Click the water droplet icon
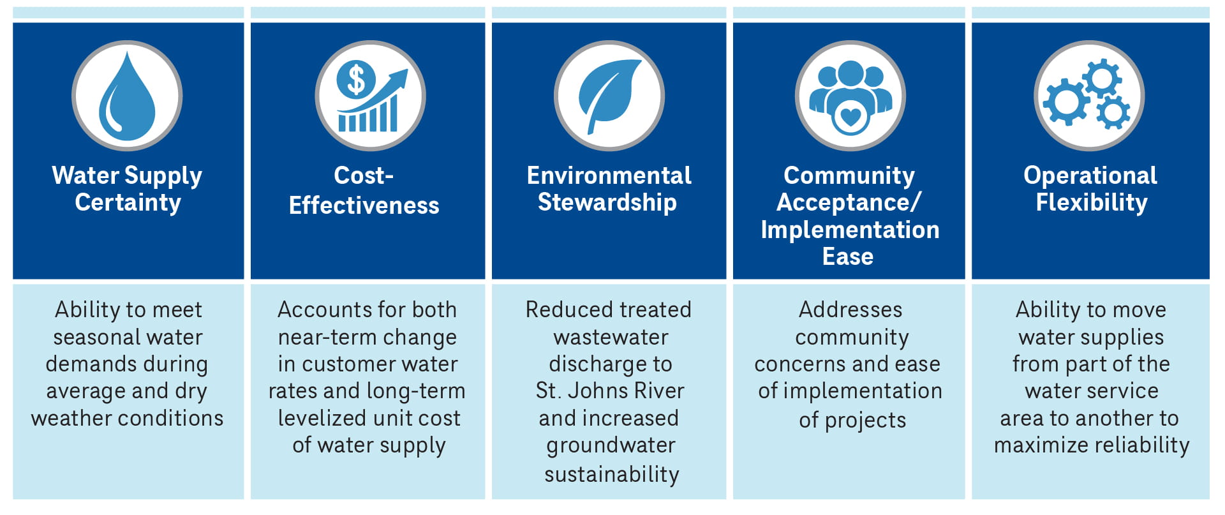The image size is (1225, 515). tap(127, 99)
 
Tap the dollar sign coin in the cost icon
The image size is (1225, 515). tap(355, 80)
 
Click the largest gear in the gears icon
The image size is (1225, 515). tap(1065, 101)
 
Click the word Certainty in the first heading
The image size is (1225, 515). tap(128, 202)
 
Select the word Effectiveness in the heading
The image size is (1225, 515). tap(364, 205)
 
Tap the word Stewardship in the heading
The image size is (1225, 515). tap(607, 202)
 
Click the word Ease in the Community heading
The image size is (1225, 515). tap(847, 257)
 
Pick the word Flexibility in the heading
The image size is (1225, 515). tap(1091, 202)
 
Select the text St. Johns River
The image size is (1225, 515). tap(609, 391)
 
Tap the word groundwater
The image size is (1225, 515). tap(611, 445)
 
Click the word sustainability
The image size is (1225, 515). tap(611, 474)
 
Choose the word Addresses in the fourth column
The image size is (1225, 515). tap(850, 310)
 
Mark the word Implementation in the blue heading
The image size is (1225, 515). tap(850, 230)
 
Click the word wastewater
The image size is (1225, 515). tap(611, 337)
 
